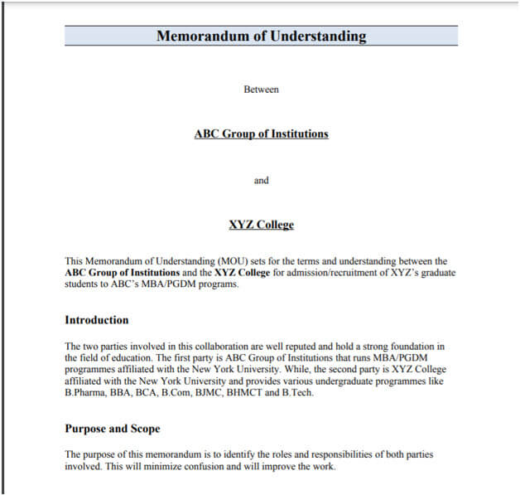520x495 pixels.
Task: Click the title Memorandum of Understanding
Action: tap(261, 36)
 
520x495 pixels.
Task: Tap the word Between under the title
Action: tap(261, 89)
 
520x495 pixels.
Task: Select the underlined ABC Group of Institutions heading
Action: tap(261, 133)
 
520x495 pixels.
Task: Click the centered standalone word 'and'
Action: tap(261, 180)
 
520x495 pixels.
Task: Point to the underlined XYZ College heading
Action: tap(261, 225)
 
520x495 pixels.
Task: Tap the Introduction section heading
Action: tap(96, 320)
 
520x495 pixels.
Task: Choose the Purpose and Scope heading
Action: tap(112, 429)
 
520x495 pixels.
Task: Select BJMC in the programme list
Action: tap(218, 393)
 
